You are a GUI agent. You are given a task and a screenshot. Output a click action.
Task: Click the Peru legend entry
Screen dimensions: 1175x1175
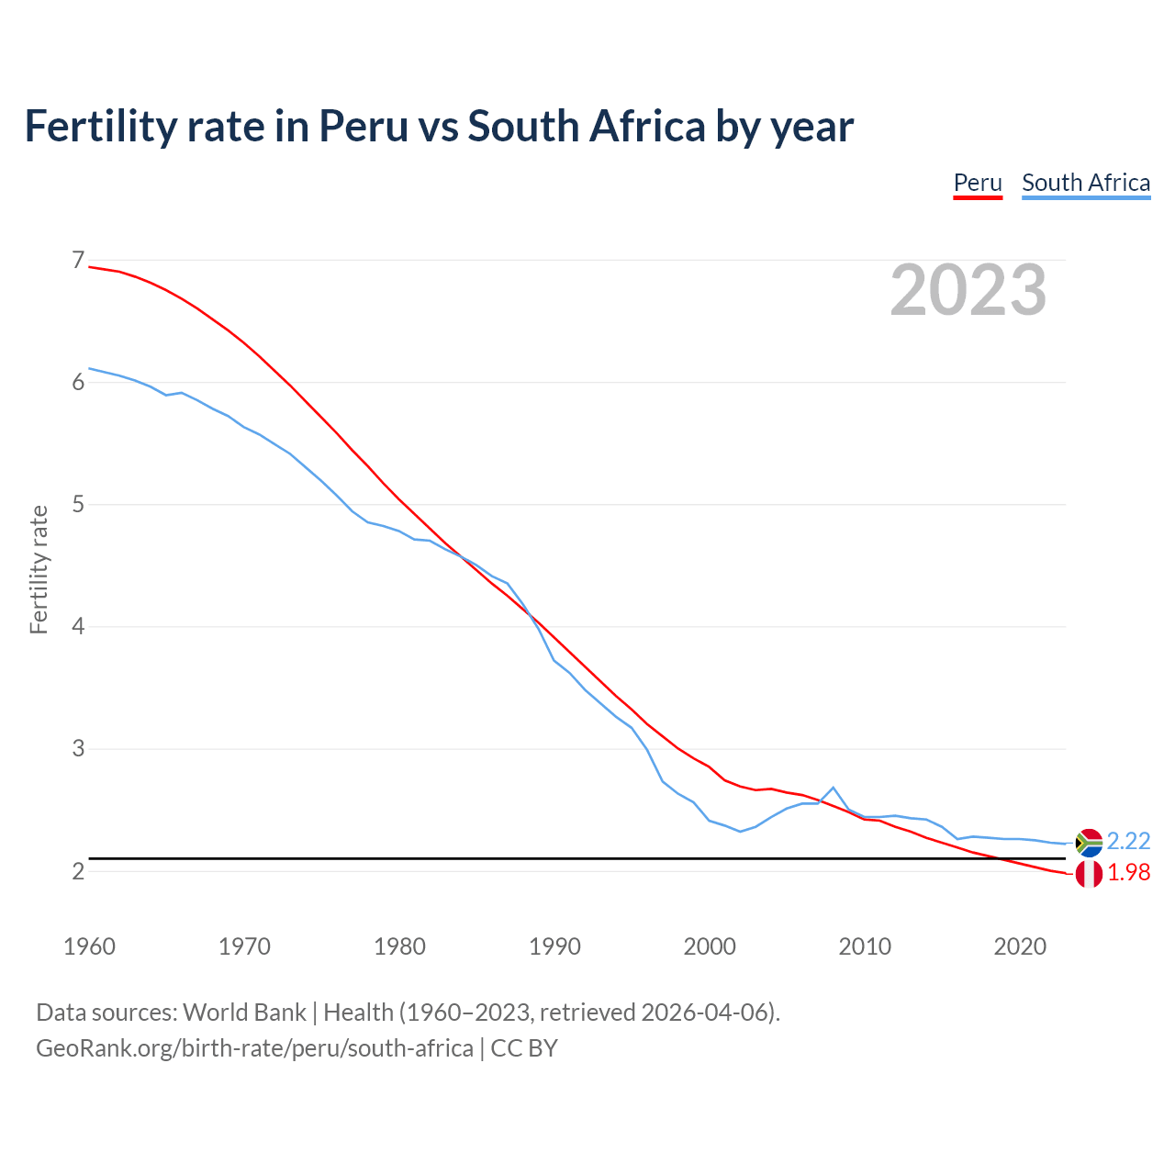click(x=978, y=183)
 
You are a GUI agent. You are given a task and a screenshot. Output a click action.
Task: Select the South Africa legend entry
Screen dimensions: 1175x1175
click(x=1086, y=183)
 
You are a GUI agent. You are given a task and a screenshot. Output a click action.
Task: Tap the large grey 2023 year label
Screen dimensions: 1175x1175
click(x=968, y=290)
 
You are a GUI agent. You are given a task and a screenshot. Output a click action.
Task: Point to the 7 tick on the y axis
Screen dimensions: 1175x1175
click(x=78, y=261)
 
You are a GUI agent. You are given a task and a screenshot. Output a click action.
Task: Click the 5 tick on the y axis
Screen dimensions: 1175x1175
click(x=78, y=504)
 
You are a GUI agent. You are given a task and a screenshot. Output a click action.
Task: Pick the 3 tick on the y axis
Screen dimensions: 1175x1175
click(x=78, y=748)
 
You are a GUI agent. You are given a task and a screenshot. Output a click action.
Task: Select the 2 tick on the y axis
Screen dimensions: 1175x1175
click(x=78, y=870)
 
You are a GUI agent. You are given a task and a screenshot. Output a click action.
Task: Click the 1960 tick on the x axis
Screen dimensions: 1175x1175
click(x=89, y=946)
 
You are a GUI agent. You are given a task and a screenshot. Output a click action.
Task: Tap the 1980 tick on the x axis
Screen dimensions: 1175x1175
click(x=399, y=946)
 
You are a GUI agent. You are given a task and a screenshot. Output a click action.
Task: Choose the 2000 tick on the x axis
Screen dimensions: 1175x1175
click(x=710, y=946)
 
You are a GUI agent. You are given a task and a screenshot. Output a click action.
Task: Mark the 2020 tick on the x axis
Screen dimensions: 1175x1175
click(x=1020, y=946)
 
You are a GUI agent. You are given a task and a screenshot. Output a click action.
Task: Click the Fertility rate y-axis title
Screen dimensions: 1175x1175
click(x=39, y=569)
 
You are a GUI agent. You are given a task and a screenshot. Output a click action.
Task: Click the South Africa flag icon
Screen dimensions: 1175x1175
click(x=1089, y=842)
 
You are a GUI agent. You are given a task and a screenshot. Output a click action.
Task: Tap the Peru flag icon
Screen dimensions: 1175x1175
click(x=1089, y=875)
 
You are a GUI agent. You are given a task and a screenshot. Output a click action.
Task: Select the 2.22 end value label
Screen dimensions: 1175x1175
click(x=1128, y=842)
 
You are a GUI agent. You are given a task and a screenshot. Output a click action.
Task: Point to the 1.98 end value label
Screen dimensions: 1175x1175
click(x=1128, y=873)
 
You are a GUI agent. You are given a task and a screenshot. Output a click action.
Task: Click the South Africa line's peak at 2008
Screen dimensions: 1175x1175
click(x=833, y=788)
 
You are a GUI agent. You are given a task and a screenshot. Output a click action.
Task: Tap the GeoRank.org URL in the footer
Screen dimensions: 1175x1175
click(x=254, y=1048)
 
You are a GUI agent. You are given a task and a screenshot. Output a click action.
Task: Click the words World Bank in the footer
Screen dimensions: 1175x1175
click(x=244, y=1013)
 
